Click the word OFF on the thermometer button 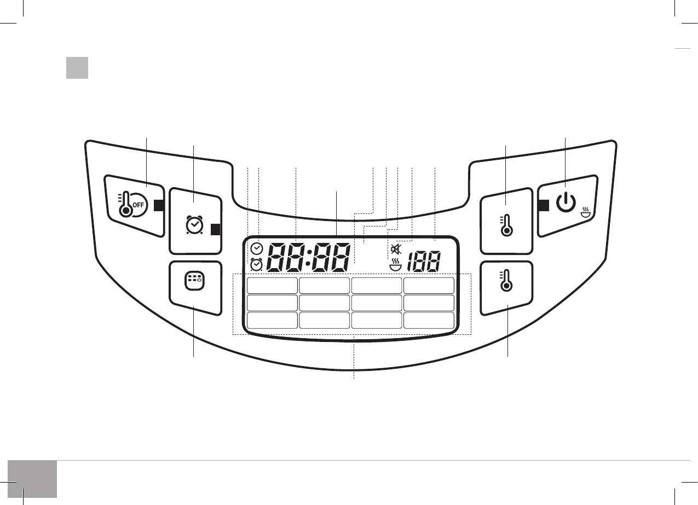click(139, 205)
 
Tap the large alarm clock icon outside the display click(194, 224)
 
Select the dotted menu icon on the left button click(194, 281)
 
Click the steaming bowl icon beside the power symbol click(586, 212)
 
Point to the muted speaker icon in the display click(396, 249)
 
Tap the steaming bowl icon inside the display click(395, 265)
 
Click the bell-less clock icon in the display click(257, 248)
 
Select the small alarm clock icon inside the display click(257, 265)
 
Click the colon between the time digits click(308, 257)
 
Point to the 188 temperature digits click(424, 262)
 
